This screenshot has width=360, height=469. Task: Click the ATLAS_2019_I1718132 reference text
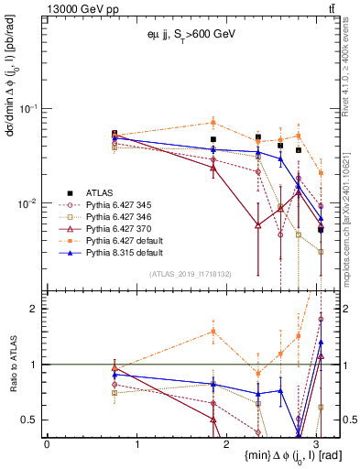pos(190,273)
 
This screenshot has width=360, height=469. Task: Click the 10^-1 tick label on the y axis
pos(30,109)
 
